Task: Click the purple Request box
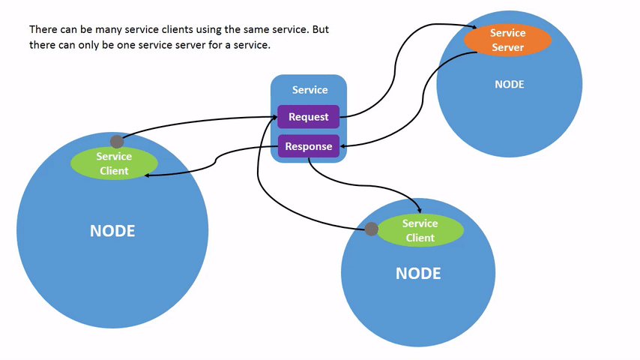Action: [x=308, y=117]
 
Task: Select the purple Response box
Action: [x=308, y=146]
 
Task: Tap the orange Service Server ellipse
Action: [x=507, y=40]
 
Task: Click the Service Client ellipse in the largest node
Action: [x=114, y=163]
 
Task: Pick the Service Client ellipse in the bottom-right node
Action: [x=420, y=230]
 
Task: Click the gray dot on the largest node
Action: [x=117, y=142]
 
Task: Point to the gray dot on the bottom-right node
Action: [x=371, y=229]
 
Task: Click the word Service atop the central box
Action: [x=310, y=90]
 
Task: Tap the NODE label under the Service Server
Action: [x=509, y=85]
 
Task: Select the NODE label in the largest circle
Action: [x=112, y=231]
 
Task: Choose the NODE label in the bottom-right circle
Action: [x=418, y=274]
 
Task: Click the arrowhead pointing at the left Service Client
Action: [x=148, y=175]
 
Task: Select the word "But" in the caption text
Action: [x=319, y=30]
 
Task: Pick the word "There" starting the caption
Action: [x=43, y=30]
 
